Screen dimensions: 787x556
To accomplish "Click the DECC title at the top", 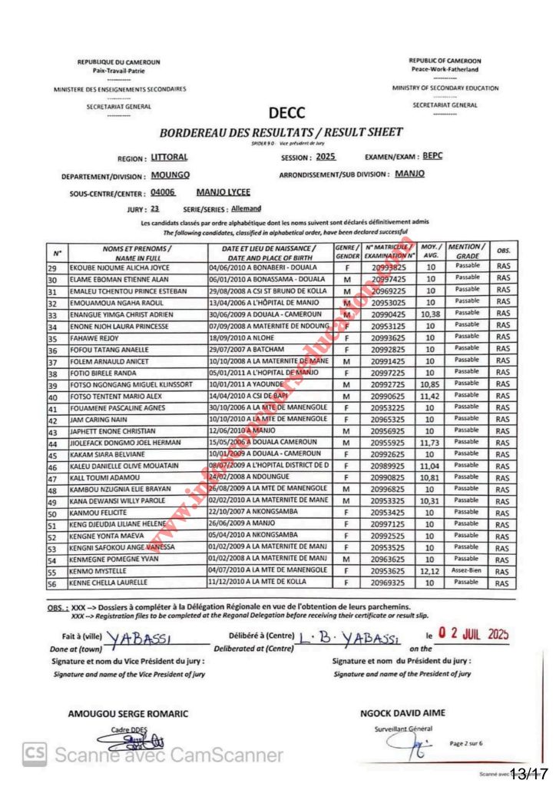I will coord(287,114).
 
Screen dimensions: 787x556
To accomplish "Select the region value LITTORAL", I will coord(170,158).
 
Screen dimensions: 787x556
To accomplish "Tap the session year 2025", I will coord(320,157).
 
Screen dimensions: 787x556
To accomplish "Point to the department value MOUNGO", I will coord(170,175).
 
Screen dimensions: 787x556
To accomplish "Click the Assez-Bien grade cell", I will coord(466,573).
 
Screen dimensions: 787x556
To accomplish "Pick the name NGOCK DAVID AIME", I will coord(402,712).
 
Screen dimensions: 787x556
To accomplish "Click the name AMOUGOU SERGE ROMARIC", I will coord(128,714).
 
